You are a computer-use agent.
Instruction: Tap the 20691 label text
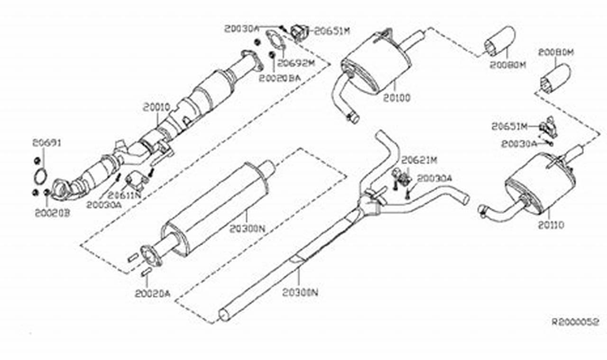pos(47,143)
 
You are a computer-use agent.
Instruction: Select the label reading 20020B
pos(52,213)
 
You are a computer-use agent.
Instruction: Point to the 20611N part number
pos(124,195)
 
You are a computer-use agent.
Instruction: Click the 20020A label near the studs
pos(152,294)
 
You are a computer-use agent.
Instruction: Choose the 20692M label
pos(296,63)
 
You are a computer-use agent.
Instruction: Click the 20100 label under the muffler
pos(397,98)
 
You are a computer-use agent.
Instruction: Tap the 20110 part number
pos(551,225)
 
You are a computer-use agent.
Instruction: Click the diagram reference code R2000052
pos(575,322)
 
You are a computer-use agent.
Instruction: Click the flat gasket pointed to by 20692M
pos(275,40)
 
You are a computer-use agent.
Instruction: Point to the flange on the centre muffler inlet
pos(151,255)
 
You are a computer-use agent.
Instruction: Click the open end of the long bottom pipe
pos(224,314)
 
